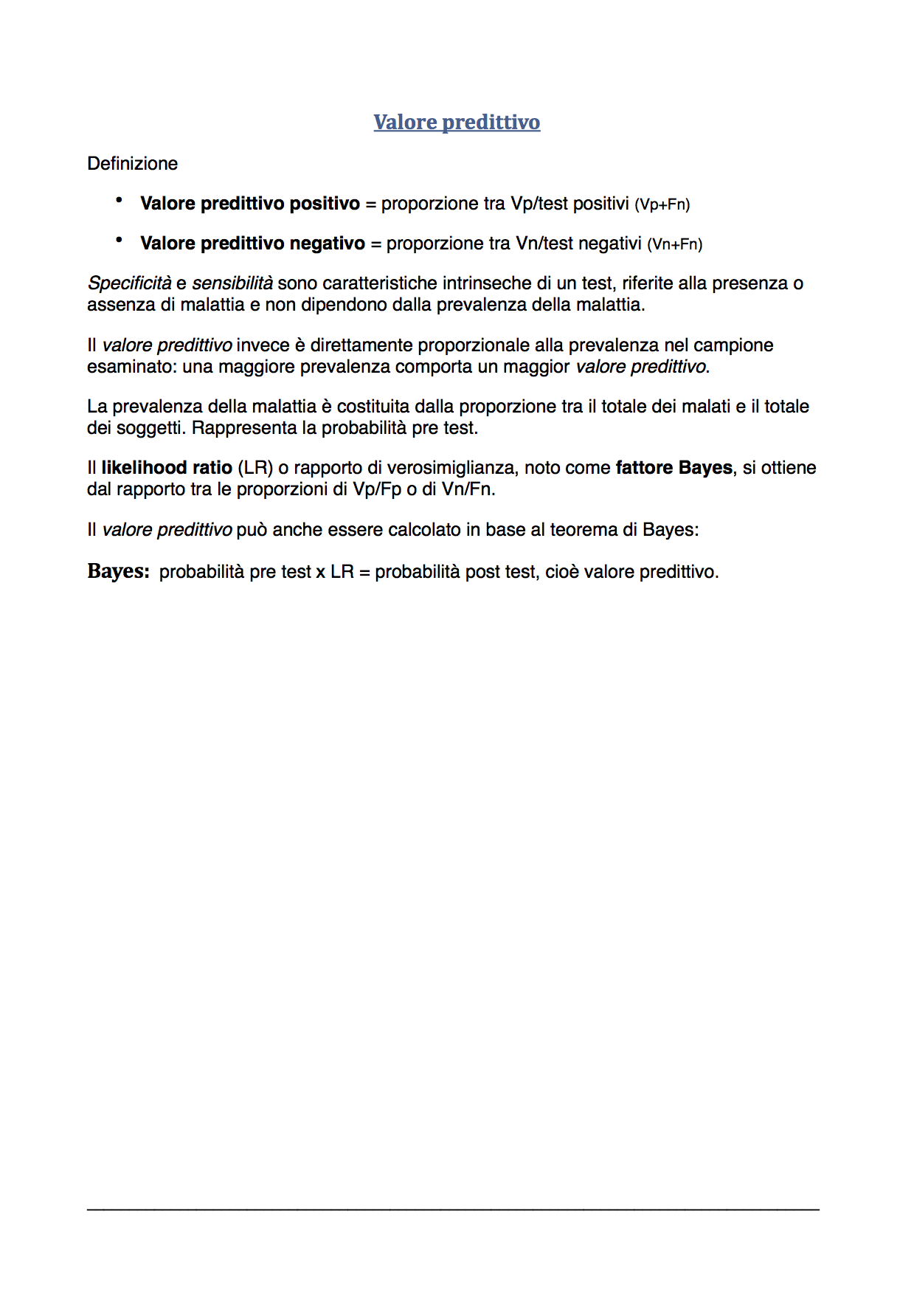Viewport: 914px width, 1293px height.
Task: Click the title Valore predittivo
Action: click(457, 122)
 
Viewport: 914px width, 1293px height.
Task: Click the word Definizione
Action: click(132, 163)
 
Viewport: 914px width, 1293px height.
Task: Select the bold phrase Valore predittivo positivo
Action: click(250, 203)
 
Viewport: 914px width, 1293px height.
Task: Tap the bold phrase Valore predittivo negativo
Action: click(252, 243)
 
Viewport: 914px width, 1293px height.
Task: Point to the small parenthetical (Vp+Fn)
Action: click(662, 204)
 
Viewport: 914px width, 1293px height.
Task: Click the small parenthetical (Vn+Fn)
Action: click(674, 244)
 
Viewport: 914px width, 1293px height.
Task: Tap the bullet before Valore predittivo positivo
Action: click(119, 200)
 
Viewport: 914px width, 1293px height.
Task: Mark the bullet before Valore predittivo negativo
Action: click(119, 240)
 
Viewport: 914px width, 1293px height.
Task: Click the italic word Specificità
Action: click(129, 283)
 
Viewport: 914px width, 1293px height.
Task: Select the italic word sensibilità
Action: click(232, 283)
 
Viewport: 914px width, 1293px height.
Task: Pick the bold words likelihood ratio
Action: click(167, 467)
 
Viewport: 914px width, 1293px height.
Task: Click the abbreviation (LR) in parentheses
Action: click(255, 467)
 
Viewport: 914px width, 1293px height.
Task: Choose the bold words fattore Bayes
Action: click(674, 467)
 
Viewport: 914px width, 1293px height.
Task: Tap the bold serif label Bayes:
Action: click(118, 571)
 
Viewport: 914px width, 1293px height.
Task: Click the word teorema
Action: click(585, 529)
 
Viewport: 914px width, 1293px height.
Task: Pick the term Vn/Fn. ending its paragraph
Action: click(468, 489)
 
